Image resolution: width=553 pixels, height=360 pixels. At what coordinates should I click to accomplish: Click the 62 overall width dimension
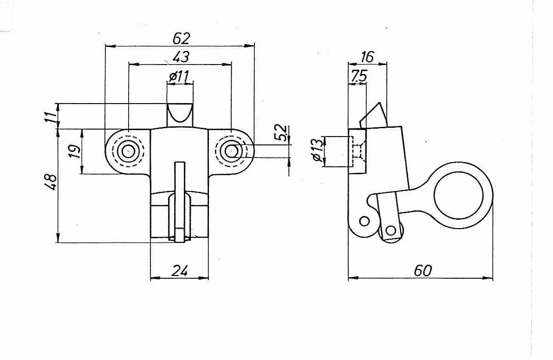click(x=182, y=39)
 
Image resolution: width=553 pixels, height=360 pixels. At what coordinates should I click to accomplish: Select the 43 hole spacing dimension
click(x=181, y=57)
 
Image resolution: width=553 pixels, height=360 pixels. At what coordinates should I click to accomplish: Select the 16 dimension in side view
click(x=367, y=57)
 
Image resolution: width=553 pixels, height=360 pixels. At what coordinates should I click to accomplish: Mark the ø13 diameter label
click(x=317, y=151)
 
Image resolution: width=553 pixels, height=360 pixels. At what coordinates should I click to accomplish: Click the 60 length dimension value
click(x=423, y=271)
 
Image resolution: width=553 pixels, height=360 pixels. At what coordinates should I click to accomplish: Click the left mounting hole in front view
click(x=126, y=151)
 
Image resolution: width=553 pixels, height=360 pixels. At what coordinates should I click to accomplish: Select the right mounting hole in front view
click(x=230, y=151)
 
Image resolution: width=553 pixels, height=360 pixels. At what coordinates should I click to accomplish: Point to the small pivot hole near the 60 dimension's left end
click(x=364, y=221)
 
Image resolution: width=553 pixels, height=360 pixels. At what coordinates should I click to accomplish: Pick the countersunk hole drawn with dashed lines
click(x=358, y=151)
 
